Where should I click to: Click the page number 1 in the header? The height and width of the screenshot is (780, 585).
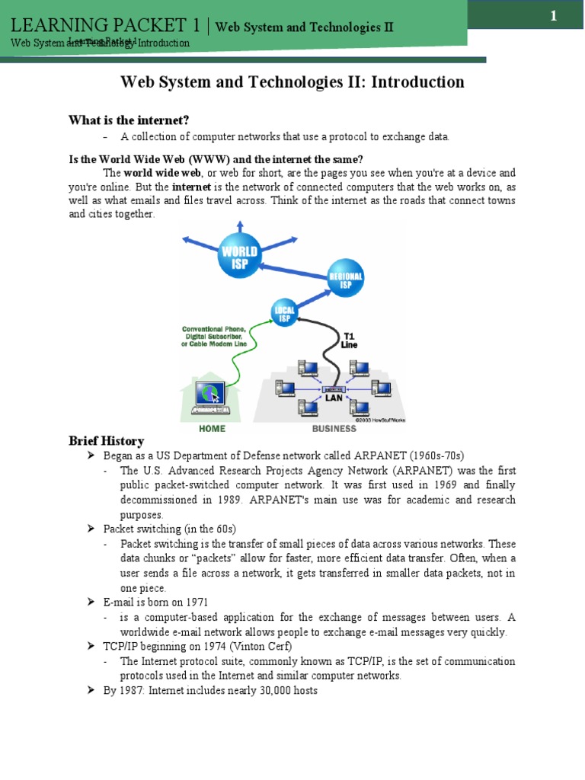pyautogui.click(x=554, y=16)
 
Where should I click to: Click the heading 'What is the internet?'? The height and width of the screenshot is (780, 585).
pyautogui.click(x=128, y=120)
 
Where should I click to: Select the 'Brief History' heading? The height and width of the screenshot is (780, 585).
pyautogui.click(x=106, y=440)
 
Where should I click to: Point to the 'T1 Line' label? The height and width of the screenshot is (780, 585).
pyautogui.click(x=348, y=340)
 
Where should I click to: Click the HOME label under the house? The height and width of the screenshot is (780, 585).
pyautogui.click(x=212, y=428)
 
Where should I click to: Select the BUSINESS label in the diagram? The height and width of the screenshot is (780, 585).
pyautogui.click(x=334, y=428)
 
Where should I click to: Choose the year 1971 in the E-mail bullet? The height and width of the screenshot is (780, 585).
pyautogui.click(x=195, y=603)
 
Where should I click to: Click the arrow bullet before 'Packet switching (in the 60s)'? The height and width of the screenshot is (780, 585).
pyautogui.click(x=89, y=529)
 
